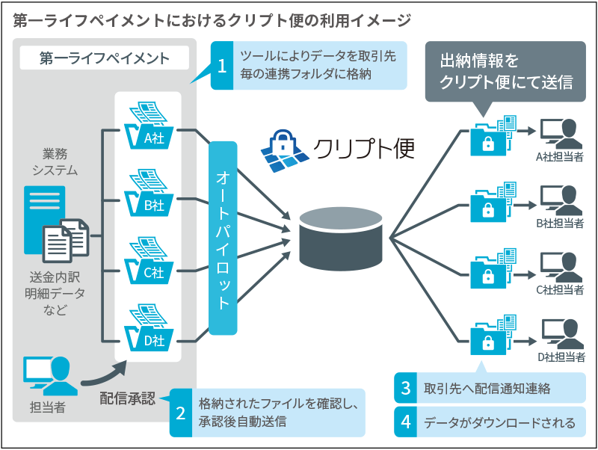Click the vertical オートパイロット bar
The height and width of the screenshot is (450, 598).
tap(223, 237)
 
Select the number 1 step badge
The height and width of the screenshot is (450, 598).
tap(222, 65)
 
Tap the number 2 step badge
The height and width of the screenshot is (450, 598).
tap(181, 412)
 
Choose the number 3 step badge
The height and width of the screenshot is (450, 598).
tap(406, 388)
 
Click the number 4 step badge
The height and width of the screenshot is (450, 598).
tap(406, 422)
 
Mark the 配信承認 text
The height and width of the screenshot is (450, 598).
tap(127, 398)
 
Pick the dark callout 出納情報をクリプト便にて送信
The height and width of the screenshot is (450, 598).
tap(505, 72)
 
